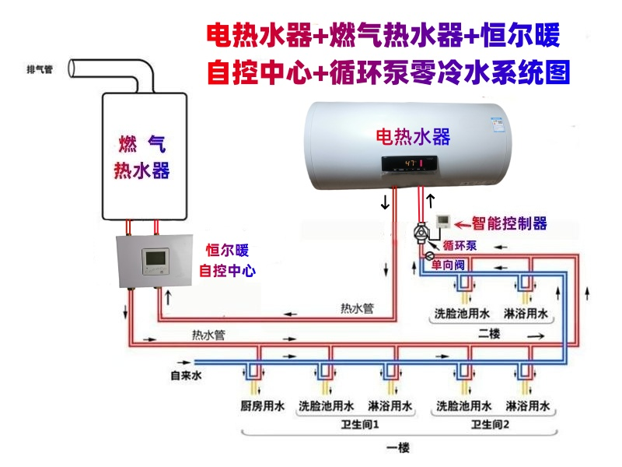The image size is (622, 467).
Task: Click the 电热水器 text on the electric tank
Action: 413,137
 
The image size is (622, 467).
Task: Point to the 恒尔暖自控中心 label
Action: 227,261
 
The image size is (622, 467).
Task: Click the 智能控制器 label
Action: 512,223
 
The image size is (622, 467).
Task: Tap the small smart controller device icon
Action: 443,221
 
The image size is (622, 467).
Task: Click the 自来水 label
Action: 187,376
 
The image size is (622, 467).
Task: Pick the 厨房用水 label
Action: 262,406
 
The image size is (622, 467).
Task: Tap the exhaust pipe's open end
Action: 72,68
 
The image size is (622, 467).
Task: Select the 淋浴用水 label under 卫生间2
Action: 528,406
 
